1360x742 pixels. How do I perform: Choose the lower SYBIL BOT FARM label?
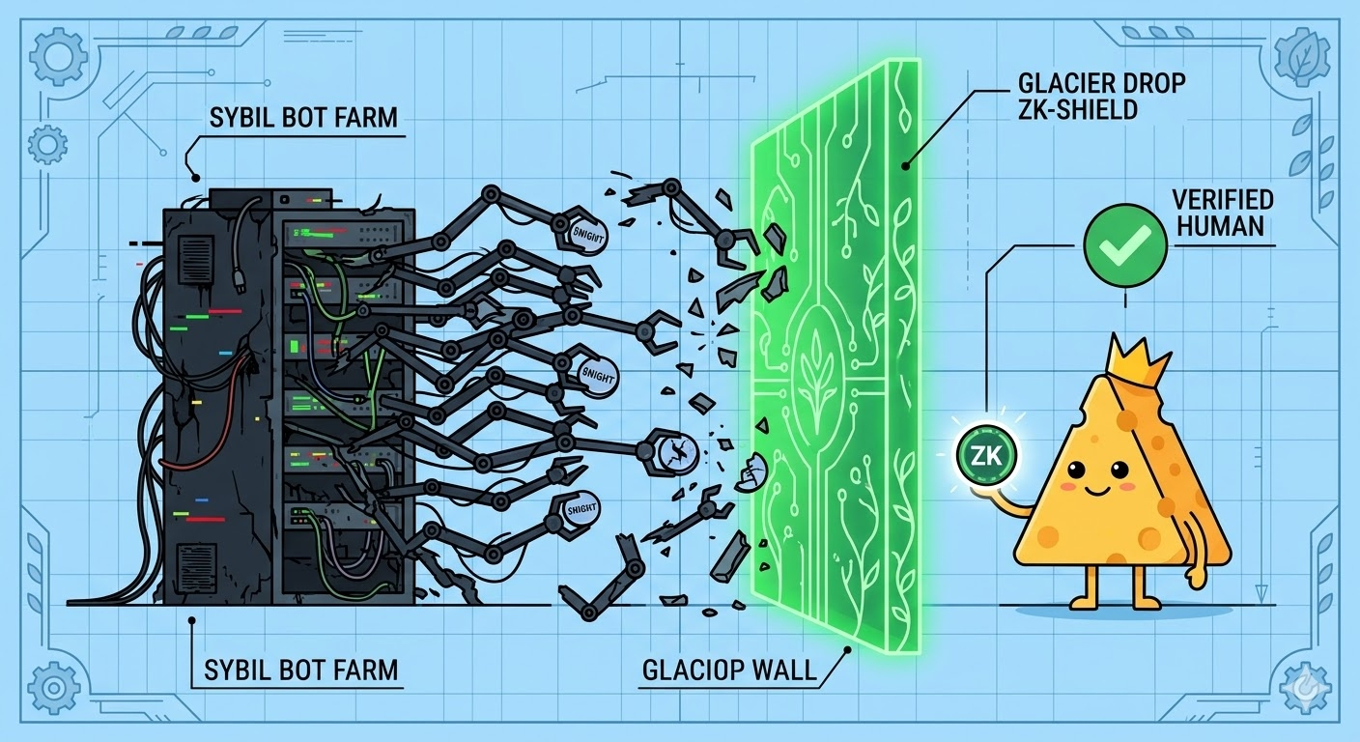point(301,669)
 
